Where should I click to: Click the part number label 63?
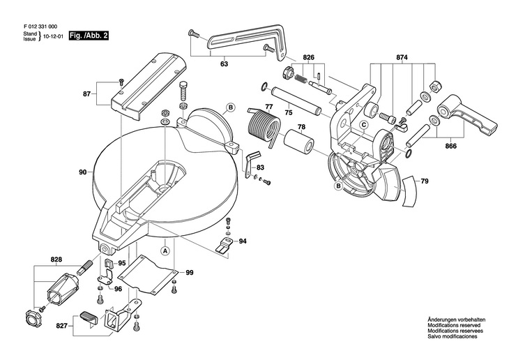click(x=224, y=64)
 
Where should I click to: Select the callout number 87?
click(x=86, y=94)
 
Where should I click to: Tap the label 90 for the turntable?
click(x=83, y=172)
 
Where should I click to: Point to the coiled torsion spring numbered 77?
click(x=264, y=126)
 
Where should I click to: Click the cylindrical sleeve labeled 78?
click(x=298, y=143)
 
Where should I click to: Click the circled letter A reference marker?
click(x=165, y=251)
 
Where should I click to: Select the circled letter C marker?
click(x=364, y=124)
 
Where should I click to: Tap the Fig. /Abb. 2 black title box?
click(x=89, y=36)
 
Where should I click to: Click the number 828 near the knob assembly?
click(x=56, y=260)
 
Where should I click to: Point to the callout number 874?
click(x=402, y=57)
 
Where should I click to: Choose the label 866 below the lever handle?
click(x=450, y=146)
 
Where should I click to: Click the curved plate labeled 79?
click(x=410, y=192)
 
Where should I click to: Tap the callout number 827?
click(x=61, y=325)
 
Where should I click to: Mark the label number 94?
click(x=243, y=241)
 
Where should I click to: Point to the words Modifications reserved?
click(x=454, y=325)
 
